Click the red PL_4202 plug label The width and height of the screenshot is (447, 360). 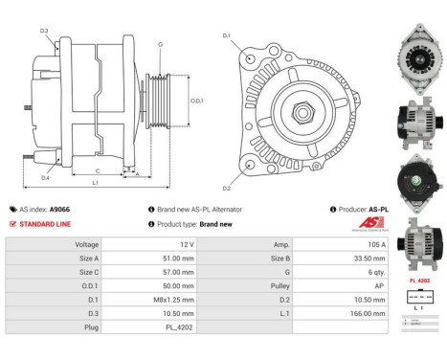pyautogui.click(x=418, y=281)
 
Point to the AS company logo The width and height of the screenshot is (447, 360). pyautogui.click(x=369, y=224)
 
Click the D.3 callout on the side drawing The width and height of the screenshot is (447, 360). pyautogui.click(x=44, y=31)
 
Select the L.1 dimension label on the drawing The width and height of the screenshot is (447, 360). pyautogui.click(x=95, y=182)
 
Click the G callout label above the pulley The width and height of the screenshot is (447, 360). pyautogui.click(x=160, y=45)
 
